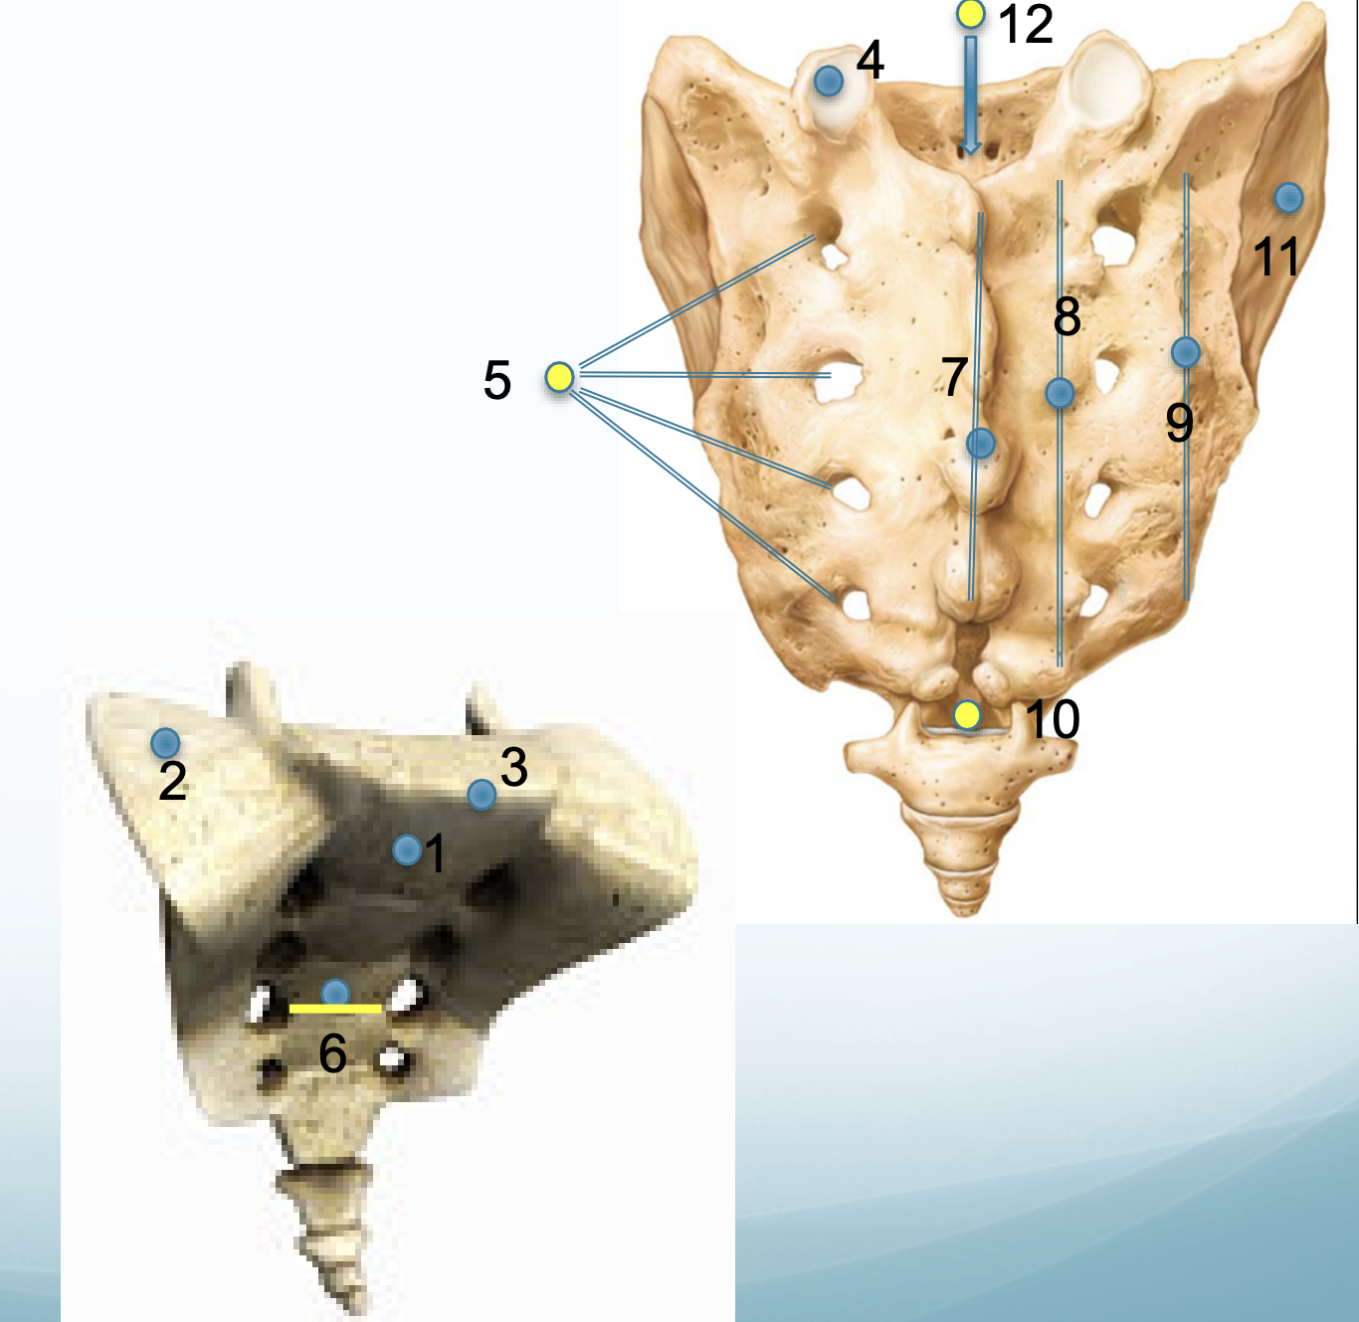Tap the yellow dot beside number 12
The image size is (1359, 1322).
(970, 14)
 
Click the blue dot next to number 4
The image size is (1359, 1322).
(829, 81)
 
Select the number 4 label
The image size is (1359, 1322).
(870, 61)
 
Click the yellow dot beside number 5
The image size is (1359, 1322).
(559, 377)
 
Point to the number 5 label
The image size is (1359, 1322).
(497, 380)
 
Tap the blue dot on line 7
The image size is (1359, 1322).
(980, 443)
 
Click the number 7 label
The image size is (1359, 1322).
(954, 376)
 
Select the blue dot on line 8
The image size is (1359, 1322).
(1060, 393)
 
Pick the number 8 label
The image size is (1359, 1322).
(1067, 315)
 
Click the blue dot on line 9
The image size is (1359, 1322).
(1185, 351)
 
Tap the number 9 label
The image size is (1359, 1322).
(1179, 423)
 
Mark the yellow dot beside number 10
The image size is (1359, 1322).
(966, 714)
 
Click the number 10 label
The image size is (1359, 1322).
(1052, 718)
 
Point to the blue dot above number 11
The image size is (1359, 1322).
(1288, 198)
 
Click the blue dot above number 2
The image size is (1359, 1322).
(165, 742)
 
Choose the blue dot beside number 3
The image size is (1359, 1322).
(482, 794)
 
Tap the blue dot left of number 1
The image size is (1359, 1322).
(406, 850)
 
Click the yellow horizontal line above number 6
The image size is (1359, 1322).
(335, 1009)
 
